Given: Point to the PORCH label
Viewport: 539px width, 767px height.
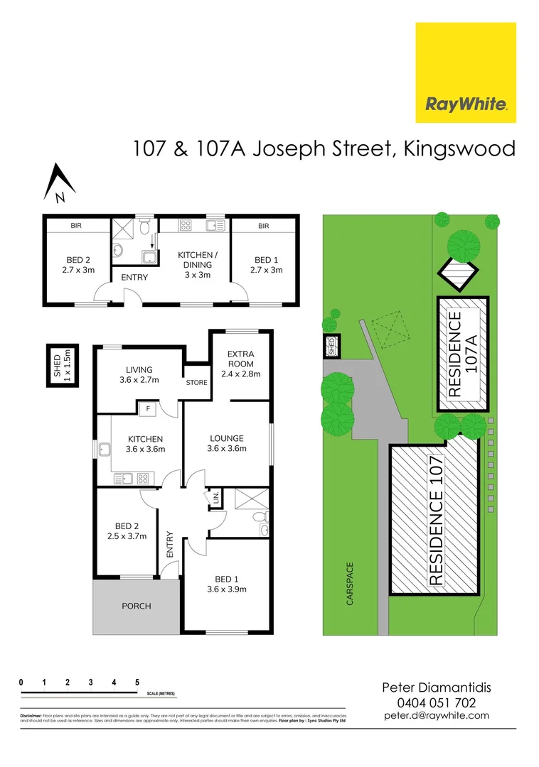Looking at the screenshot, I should tap(137, 606).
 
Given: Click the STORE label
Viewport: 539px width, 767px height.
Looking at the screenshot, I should tap(196, 383).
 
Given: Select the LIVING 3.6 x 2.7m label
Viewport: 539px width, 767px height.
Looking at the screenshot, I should tap(140, 374).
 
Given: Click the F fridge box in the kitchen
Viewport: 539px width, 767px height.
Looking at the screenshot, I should tap(148, 408).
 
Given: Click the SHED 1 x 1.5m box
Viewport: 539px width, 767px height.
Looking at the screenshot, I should tap(62, 366).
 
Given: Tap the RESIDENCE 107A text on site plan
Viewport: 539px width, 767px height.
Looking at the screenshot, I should tap(463, 353).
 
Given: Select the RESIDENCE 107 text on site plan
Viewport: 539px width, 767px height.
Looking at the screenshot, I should tap(436, 521).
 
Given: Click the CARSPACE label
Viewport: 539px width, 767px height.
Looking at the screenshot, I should tap(349, 584).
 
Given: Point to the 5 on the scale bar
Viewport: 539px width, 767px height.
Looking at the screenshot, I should tap(137, 682).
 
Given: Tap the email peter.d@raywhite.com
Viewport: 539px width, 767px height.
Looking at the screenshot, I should tap(436, 715).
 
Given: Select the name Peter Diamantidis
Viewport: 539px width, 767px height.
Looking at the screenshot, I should tap(436, 687).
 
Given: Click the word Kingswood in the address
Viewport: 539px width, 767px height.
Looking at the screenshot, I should tap(458, 149).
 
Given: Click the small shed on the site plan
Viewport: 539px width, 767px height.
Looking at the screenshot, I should tap(331, 346).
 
